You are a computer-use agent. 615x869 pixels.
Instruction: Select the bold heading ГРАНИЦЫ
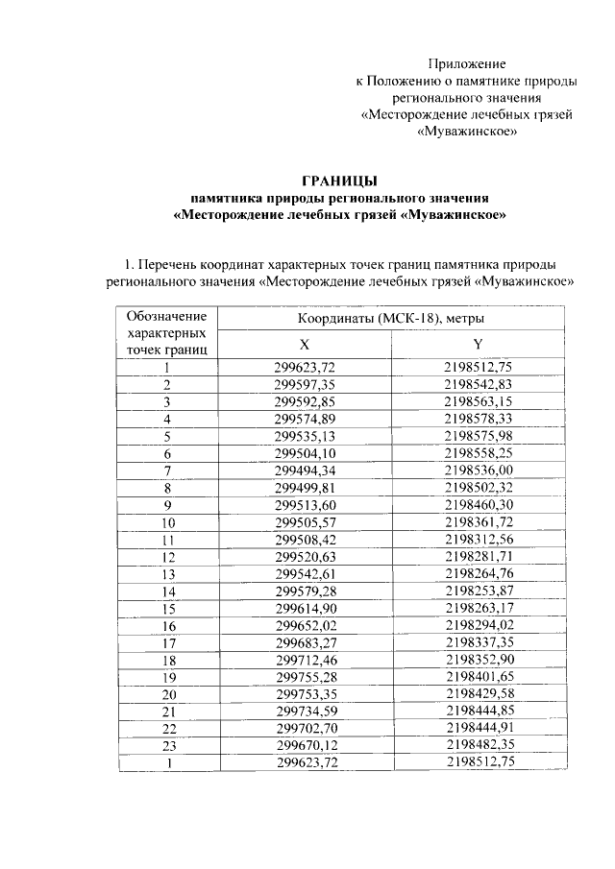(340, 180)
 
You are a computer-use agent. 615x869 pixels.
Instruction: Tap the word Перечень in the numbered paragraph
(174, 264)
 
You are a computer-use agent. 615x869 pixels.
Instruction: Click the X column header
(305, 343)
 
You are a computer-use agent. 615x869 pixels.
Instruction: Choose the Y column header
(478, 343)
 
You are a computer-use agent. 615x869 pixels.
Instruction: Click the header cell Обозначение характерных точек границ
(166, 331)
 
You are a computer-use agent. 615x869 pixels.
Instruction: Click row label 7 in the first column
(166, 470)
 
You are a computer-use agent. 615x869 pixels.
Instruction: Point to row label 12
(166, 556)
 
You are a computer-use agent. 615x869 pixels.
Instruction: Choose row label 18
(166, 660)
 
